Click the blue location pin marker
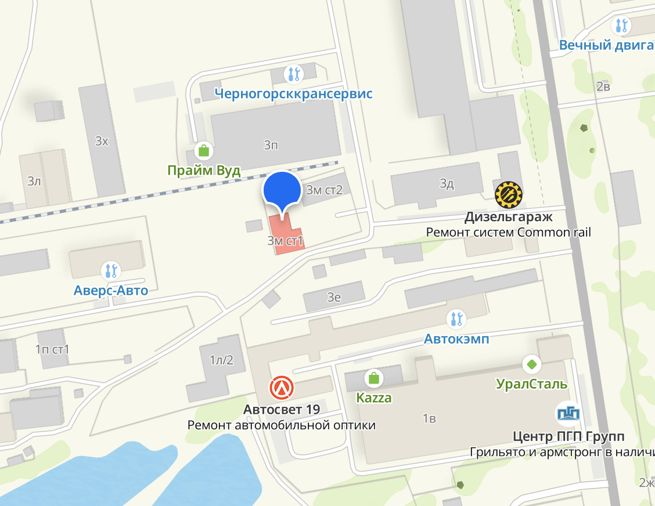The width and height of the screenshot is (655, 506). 282,189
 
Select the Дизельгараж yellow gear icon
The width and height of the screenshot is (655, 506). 509,195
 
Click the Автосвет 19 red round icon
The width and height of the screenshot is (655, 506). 282,388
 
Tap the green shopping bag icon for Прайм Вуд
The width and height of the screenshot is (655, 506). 203,151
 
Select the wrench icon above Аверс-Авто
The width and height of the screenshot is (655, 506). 110,270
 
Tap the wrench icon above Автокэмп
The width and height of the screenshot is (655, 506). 456,319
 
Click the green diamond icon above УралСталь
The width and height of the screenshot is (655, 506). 531,364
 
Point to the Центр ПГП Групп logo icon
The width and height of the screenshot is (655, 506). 568,413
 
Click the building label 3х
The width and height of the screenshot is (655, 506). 102,141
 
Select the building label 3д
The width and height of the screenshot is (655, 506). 447,185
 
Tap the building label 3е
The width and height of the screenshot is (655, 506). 334,298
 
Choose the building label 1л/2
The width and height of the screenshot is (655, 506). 221,360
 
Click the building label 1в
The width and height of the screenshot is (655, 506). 429,418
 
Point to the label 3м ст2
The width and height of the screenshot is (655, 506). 325,190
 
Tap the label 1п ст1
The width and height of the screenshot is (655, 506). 52,349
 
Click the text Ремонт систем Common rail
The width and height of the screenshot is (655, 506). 508,233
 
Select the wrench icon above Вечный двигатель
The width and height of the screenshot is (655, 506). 622,25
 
